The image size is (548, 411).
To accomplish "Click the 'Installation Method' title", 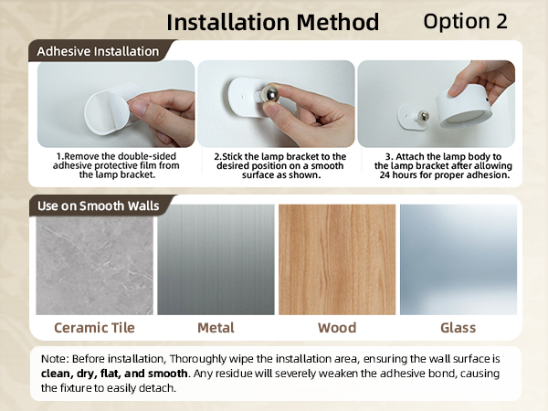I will click(273, 22).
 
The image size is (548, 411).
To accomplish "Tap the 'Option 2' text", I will click(466, 22).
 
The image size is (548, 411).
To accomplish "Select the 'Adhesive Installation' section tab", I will click(97, 51).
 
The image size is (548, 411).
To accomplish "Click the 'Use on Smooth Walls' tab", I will click(98, 205).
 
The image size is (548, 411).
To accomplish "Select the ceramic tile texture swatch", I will click(94, 259).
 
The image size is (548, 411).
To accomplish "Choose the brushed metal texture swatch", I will click(216, 259).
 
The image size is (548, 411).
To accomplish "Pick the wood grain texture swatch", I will click(337, 259).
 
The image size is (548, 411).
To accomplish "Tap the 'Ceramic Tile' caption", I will click(94, 328).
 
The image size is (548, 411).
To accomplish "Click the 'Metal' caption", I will click(216, 328).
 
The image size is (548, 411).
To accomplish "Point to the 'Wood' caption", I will click(337, 328).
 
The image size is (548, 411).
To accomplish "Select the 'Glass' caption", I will click(458, 328).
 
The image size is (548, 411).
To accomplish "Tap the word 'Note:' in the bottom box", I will click(59, 359).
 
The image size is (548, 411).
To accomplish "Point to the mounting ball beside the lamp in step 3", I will click(424, 115).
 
